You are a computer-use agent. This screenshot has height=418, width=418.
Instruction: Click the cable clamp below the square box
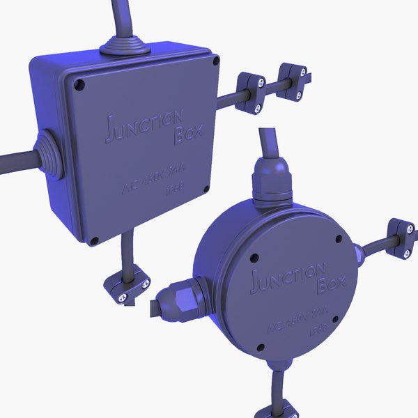(127, 287)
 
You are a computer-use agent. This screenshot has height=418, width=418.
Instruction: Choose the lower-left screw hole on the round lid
(261, 346)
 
